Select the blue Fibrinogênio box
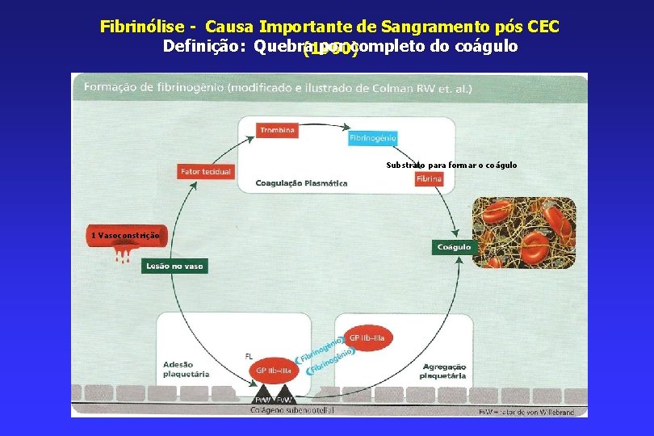[373, 138]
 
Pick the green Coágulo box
[454, 246]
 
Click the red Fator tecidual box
[205, 171]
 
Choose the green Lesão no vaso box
[174, 266]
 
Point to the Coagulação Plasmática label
[301, 183]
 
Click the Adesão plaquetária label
[186, 369]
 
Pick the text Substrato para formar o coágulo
[451, 166]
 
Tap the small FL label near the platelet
[249, 355]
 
